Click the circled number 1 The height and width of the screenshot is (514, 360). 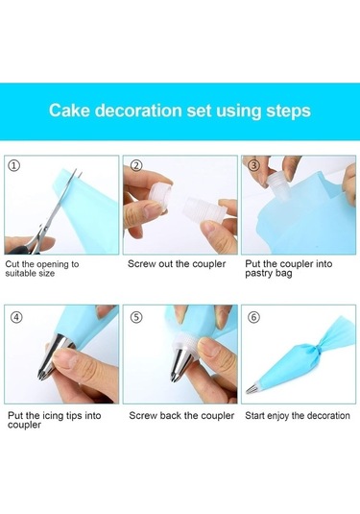13,165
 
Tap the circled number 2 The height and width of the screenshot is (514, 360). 136,165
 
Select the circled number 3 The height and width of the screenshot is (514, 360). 253,165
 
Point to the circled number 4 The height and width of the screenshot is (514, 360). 16,317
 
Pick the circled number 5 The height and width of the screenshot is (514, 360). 136,317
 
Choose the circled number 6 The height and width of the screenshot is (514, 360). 254,317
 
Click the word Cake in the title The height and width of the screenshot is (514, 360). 69,110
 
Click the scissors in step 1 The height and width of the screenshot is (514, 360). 49,216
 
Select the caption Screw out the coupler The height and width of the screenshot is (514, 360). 177,264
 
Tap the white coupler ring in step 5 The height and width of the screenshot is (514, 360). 184,343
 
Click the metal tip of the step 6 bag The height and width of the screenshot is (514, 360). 252,389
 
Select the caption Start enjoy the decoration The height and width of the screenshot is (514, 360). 298,416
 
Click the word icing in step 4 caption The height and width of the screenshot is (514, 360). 53,416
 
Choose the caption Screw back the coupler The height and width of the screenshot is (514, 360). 181,416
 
